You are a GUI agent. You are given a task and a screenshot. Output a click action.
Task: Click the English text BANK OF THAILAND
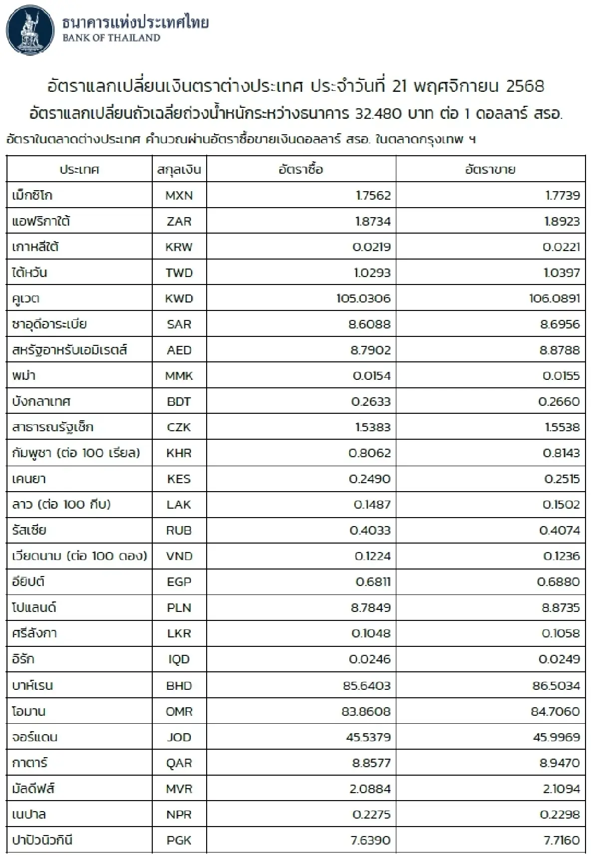pyautogui.click(x=111, y=38)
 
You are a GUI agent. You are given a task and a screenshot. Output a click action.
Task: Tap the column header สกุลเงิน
pyautogui.click(x=179, y=170)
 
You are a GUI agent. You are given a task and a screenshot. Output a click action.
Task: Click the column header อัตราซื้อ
pyautogui.click(x=301, y=170)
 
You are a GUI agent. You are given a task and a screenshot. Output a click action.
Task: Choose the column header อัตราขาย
pyautogui.click(x=490, y=170)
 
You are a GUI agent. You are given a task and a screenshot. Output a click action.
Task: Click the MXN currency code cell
pyautogui.click(x=179, y=196)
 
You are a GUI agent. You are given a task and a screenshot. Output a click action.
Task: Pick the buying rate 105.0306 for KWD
pyautogui.click(x=363, y=298)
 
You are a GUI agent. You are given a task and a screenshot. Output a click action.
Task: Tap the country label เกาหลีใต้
pyautogui.click(x=36, y=247)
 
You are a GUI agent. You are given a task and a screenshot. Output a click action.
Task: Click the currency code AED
pyautogui.click(x=179, y=350)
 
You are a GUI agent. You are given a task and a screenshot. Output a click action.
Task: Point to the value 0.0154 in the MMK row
pyautogui.click(x=371, y=376)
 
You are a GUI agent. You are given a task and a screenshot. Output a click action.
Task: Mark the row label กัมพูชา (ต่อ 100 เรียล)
pyautogui.click(x=76, y=453)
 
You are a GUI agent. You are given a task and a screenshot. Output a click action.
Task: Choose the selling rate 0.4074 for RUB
pyautogui.click(x=560, y=531)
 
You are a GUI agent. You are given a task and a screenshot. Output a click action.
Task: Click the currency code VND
pyautogui.click(x=179, y=556)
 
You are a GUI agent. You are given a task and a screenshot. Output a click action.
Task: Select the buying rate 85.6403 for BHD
pyautogui.click(x=366, y=685)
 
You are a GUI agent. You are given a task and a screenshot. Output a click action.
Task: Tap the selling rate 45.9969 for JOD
pyautogui.click(x=556, y=737)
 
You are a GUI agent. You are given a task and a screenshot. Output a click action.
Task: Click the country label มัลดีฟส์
pyautogui.click(x=33, y=789)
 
